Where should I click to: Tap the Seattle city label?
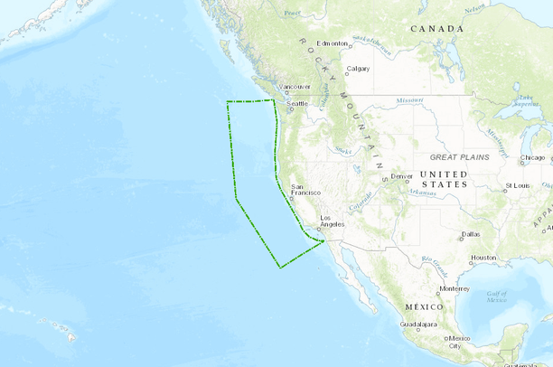[297, 104]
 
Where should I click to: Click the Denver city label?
[401, 175]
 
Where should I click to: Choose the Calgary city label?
[358, 69]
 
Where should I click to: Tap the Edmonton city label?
[333, 43]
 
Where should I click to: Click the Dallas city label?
[470, 234]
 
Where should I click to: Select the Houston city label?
[483, 258]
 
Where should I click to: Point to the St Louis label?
[517, 185]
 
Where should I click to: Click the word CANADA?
[437, 29]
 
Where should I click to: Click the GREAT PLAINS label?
[459, 157]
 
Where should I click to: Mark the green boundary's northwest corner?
[226, 103]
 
